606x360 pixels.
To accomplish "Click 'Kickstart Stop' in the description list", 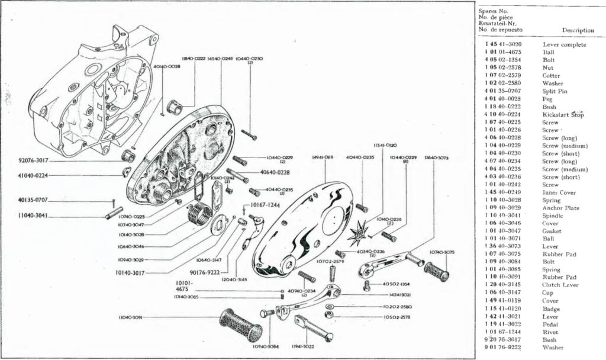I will (x=563, y=115).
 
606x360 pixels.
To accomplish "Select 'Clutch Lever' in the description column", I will (x=559, y=285).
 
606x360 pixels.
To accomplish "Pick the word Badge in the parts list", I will (x=552, y=308).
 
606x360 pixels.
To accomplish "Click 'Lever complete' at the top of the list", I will (x=564, y=45).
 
